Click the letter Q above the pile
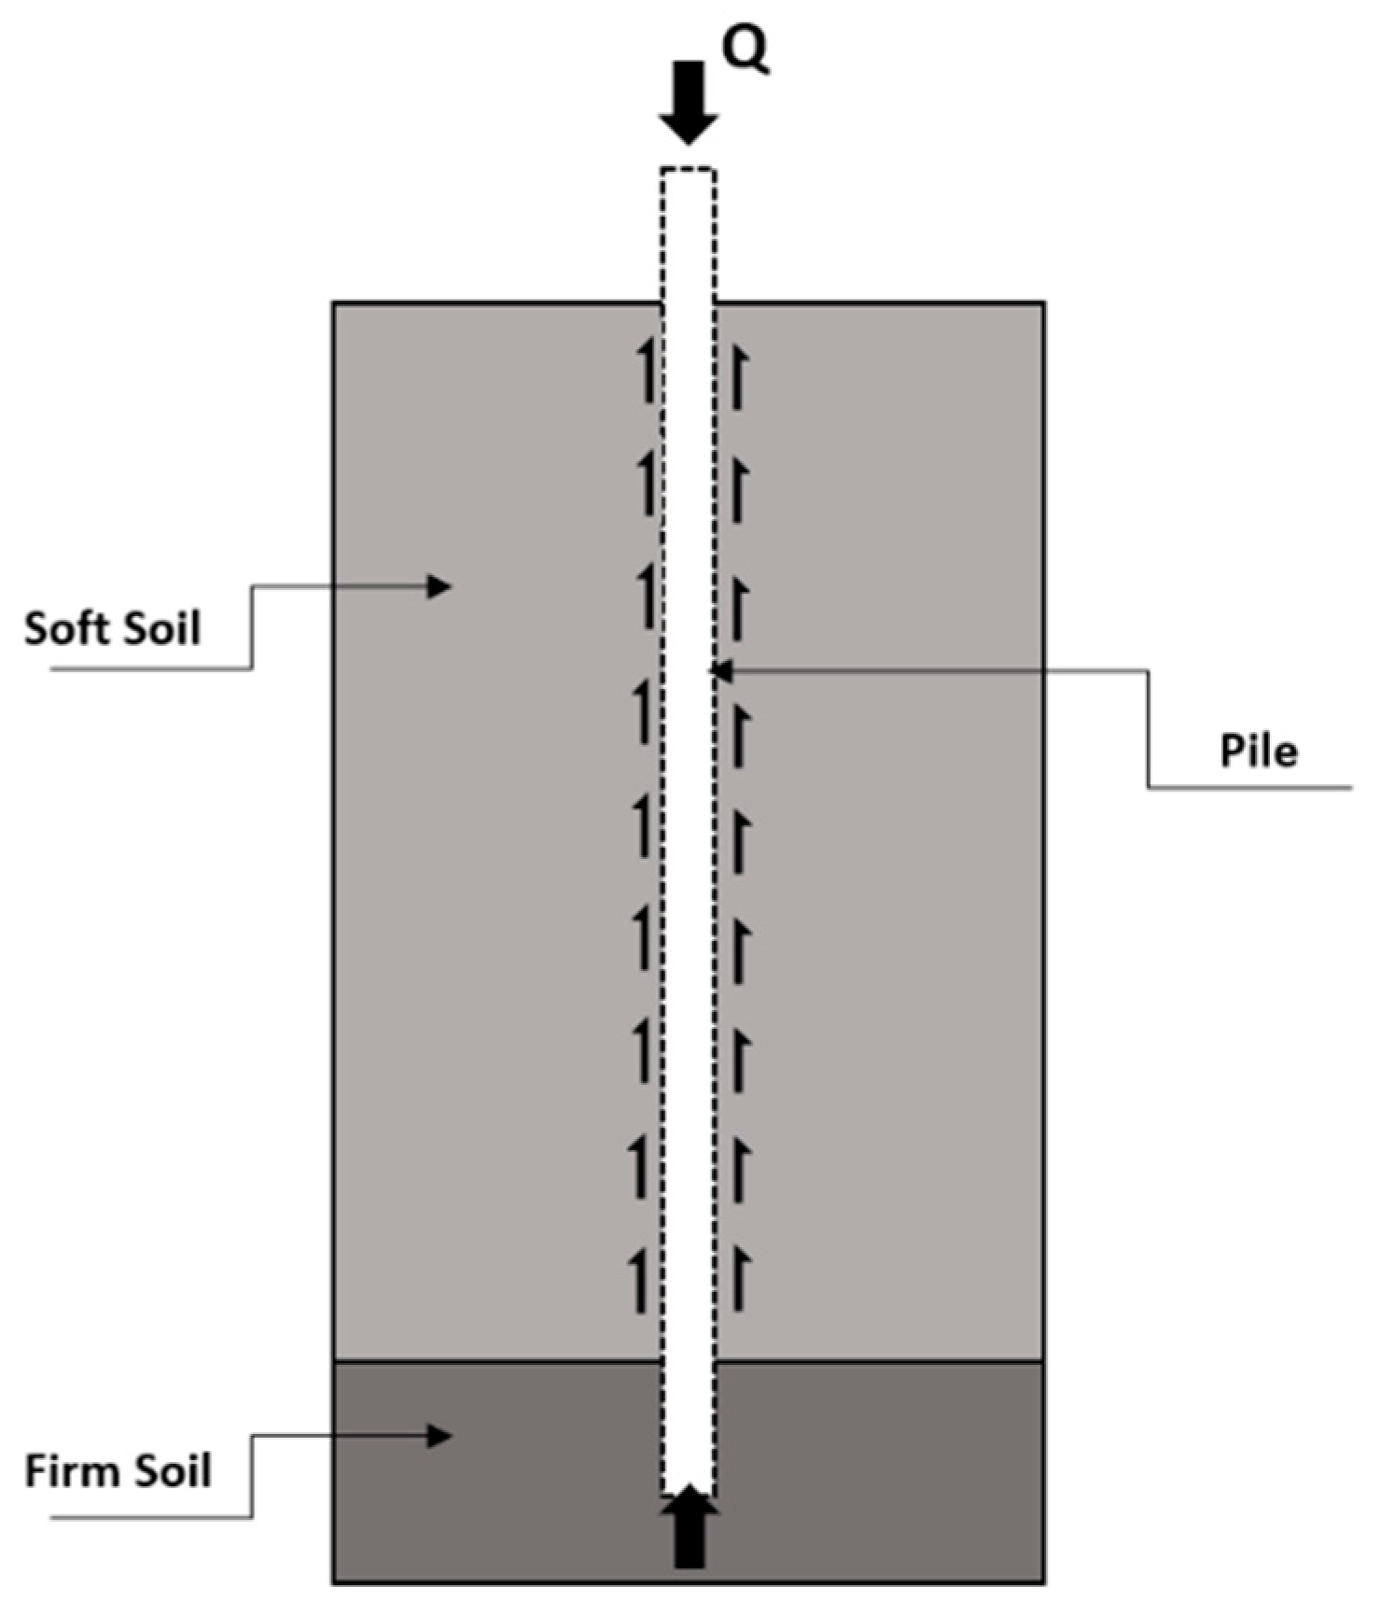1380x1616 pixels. pyautogui.click(x=747, y=53)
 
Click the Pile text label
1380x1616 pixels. pyautogui.click(x=1259, y=752)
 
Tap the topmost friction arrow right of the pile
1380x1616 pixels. pyautogui.click(x=738, y=377)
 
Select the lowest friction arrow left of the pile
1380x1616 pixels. pyautogui.click(x=640, y=1282)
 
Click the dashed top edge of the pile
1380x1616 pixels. pyautogui.click(x=689, y=170)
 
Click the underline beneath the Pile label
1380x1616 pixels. pyautogui.click(x=1250, y=788)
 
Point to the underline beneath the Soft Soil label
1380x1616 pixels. pyautogui.click(x=149, y=668)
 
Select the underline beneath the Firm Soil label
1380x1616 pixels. pyautogui.click(x=149, y=1517)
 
